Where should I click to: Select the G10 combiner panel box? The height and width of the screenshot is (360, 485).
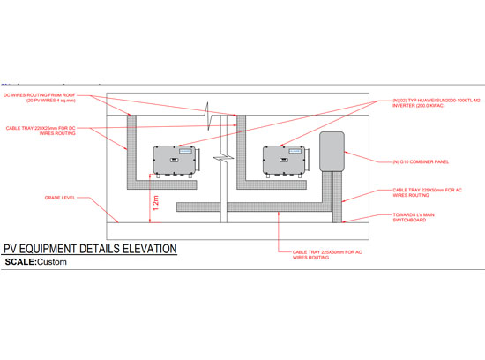tap(331, 151)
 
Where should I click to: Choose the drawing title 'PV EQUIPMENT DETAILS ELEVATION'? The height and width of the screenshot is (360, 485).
tap(90, 250)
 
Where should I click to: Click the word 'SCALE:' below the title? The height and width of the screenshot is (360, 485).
tap(22, 263)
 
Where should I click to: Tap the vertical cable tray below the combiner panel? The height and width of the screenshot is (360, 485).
tap(334, 195)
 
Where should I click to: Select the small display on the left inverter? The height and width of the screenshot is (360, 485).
tap(183, 150)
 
